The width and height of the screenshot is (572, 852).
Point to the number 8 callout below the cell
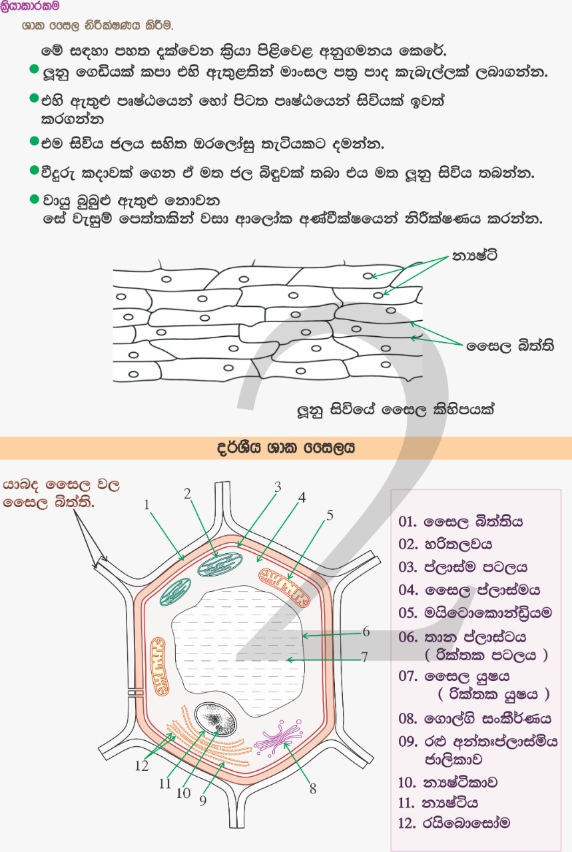312,789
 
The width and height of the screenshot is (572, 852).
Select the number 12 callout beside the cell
141,765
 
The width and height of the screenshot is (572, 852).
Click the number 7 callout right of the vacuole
364,657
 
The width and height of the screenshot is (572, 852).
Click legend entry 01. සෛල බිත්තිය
461,521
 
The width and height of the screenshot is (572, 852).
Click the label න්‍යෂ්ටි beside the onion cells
475,255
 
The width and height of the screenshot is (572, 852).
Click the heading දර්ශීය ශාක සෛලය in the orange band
286,448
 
